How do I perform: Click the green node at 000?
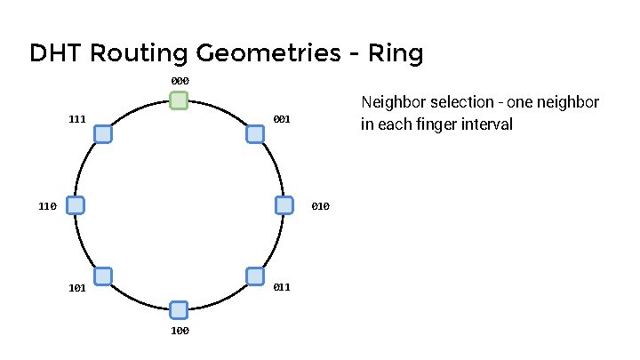(x=180, y=100)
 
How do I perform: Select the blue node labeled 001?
(x=255, y=133)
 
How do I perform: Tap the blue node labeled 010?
(x=284, y=205)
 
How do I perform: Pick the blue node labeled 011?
(x=255, y=276)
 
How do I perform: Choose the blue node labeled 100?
(x=179, y=309)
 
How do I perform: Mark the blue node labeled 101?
(x=102, y=276)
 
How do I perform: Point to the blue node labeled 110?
(x=76, y=205)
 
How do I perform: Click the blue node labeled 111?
(x=102, y=133)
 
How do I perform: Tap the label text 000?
(x=180, y=81)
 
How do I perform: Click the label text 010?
(x=321, y=206)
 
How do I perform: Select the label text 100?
(x=180, y=331)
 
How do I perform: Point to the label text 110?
(x=48, y=206)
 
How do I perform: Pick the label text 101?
(x=76, y=288)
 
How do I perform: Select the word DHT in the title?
(x=56, y=53)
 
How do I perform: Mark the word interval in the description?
(x=490, y=124)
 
